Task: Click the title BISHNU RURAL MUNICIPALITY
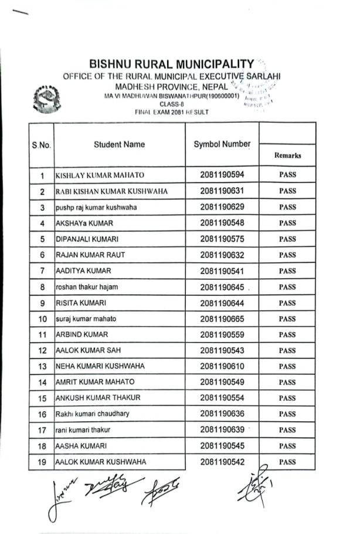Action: pyautogui.click(x=172, y=63)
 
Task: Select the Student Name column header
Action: pyautogui.click(x=119, y=144)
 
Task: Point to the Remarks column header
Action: pyautogui.click(x=287, y=156)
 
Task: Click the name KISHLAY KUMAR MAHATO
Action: pyautogui.click(x=100, y=175)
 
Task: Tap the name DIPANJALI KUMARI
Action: pyautogui.click(x=87, y=239)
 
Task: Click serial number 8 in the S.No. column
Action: pyautogui.click(x=42, y=287)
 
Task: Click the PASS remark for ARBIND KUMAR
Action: pyautogui.click(x=287, y=335)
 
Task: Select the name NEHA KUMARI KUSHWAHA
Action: pyautogui.click(x=100, y=367)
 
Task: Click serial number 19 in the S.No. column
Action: pyautogui.click(x=42, y=462)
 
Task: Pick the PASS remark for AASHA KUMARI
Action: pyautogui.click(x=287, y=446)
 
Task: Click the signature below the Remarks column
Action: pyautogui.click(x=253, y=485)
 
